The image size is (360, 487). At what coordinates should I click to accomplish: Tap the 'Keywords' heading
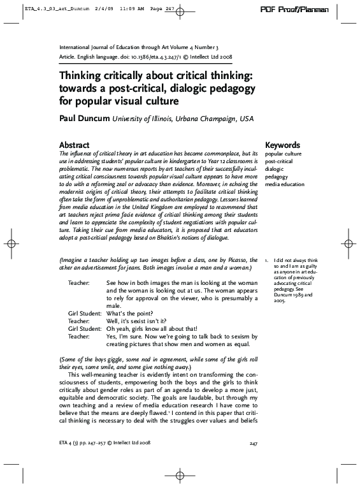pos(282,145)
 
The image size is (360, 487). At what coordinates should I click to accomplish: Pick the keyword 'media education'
pos(285,184)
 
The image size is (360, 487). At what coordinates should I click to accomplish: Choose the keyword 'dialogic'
pos(275,169)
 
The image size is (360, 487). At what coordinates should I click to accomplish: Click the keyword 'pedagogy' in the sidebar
pos(277,177)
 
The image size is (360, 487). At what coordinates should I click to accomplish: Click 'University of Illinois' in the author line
pos(144,118)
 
